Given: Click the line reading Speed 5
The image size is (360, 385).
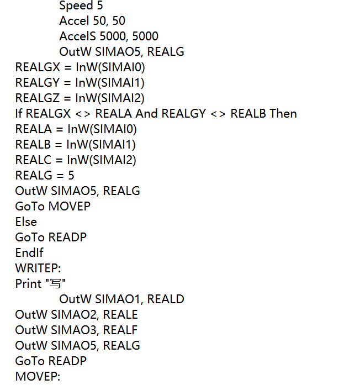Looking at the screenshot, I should [x=81, y=6].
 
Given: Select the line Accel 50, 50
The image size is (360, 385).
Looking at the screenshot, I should [x=92, y=21].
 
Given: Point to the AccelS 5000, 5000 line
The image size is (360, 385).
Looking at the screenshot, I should [x=109, y=36].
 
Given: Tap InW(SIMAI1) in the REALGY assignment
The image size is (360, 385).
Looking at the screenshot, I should [x=110, y=83].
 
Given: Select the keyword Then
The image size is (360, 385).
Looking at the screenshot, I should [x=283, y=114].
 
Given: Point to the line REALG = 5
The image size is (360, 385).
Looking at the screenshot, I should [x=45, y=176].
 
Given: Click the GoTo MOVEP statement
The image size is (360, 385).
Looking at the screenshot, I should [x=53, y=207].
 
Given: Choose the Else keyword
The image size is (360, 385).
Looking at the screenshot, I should [x=26, y=222].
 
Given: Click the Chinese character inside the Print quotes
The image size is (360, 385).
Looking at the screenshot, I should [x=55, y=284].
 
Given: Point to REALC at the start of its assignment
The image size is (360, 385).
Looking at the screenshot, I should [x=33, y=160].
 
